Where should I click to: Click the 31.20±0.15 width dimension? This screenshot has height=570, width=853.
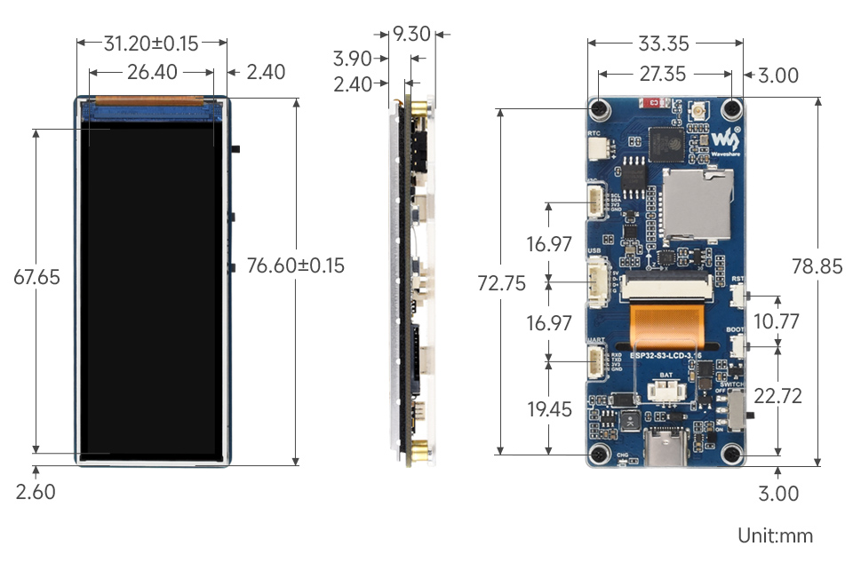151,43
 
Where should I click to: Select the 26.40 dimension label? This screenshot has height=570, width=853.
152,72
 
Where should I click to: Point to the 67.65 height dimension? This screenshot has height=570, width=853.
36,277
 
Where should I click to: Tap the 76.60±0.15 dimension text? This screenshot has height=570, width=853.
295,265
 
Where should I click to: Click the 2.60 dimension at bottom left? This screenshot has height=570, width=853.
36,492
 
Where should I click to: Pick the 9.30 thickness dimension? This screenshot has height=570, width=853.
411,35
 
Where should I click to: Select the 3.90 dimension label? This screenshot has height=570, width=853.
352,59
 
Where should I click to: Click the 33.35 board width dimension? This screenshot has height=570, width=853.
665,43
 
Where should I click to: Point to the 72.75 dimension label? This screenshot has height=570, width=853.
501,283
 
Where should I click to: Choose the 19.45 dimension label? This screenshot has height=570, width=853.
549,409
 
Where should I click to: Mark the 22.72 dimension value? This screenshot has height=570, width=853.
778,396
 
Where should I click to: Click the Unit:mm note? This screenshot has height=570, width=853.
775,535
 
